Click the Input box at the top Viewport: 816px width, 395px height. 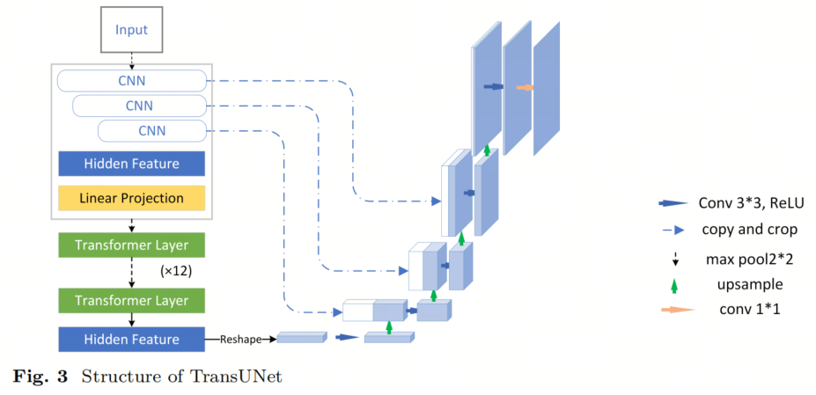131,30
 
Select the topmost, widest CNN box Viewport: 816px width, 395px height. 132,81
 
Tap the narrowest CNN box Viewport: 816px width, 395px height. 152,130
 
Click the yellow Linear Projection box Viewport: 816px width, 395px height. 132,198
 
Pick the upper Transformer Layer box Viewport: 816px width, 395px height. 132,245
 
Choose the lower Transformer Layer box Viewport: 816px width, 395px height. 132,301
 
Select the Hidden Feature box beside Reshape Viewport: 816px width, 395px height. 132,340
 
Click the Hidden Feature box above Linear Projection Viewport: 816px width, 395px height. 132,164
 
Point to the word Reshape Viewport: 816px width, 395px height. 238,340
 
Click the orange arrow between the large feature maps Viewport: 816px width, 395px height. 526,88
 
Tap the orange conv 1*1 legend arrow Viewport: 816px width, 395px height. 678,310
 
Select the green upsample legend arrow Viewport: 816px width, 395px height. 674,285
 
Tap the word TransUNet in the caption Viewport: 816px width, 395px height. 244,377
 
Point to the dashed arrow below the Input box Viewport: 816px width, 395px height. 132,62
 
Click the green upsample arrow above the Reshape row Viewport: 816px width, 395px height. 388,327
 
